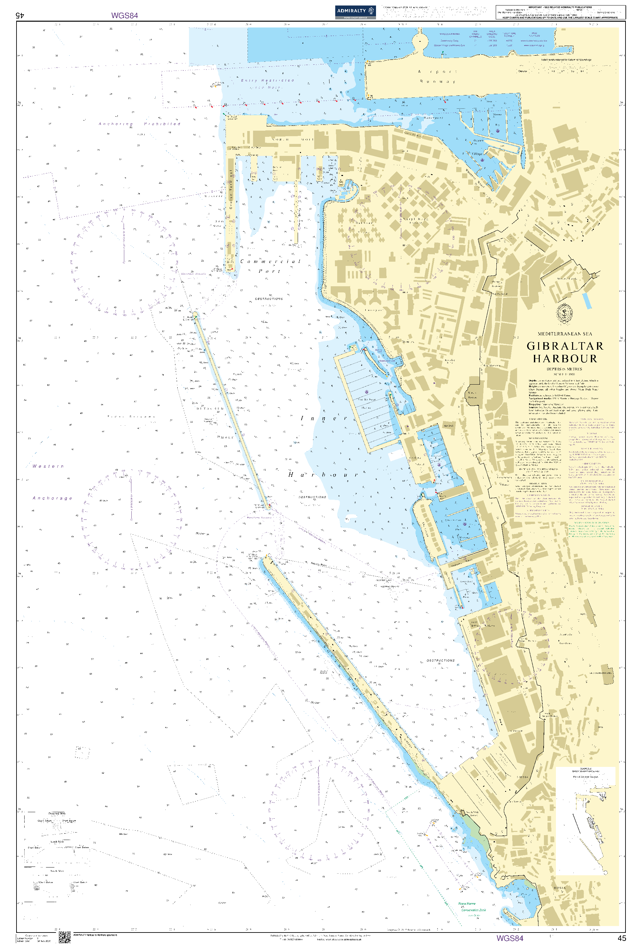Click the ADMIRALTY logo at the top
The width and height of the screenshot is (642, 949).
tap(355, 12)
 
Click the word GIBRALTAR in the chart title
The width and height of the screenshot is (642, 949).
tap(565, 346)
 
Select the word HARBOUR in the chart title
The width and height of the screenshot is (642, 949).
tap(565, 358)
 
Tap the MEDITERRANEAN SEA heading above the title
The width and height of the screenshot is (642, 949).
tap(564, 333)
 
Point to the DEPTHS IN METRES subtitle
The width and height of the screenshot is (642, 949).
tap(564, 369)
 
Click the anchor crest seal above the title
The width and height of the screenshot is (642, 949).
tap(564, 313)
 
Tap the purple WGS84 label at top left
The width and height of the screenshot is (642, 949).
tap(125, 16)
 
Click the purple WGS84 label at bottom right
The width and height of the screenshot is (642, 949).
tap(509, 938)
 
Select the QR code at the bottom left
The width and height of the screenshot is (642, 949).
tap(64, 937)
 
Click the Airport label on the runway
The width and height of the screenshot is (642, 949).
tap(437, 71)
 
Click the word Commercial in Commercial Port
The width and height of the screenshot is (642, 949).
tap(271, 261)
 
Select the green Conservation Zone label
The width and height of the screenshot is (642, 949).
tap(473, 910)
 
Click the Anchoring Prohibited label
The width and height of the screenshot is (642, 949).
tap(139, 124)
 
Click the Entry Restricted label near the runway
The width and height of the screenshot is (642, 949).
tap(268, 81)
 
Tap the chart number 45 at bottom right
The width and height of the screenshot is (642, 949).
tap(622, 938)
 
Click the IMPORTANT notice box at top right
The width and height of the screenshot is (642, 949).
tap(560, 12)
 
